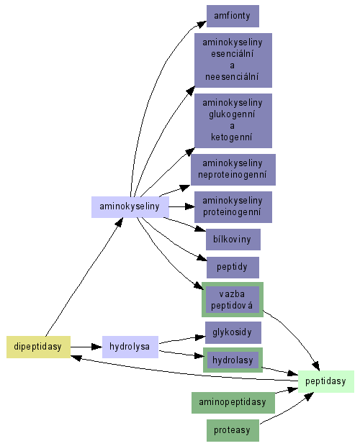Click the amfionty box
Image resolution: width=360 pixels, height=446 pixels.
point(233,16)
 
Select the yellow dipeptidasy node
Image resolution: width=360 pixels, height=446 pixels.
point(38,347)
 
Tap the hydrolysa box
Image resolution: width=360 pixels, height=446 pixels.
point(130,347)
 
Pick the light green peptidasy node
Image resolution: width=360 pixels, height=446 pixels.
point(326,381)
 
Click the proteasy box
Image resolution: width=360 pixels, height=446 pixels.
point(233,430)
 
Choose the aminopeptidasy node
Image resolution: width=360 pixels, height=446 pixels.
point(233,402)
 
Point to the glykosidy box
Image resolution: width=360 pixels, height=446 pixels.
point(233,332)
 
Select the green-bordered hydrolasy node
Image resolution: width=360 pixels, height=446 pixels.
point(233,360)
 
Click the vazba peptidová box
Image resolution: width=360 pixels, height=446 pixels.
point(233,299)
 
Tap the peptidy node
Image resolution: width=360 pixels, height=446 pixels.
point(233,268)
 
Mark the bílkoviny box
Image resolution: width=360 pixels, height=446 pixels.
point(233,240)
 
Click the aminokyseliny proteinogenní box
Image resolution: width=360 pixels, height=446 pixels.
point(233,207)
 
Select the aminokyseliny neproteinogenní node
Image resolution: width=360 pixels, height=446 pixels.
point(233,170)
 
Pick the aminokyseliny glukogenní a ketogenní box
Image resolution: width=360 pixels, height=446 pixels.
point(233,121)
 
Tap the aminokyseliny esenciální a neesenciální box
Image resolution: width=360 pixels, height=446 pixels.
point(233,60)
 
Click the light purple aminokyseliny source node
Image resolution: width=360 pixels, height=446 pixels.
point(130,207)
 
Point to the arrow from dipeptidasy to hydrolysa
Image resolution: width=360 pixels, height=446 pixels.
point(86,347)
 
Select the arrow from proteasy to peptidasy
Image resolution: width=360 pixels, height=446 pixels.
point(287,409)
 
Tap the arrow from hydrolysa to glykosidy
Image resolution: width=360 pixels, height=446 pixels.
point(182,340)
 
